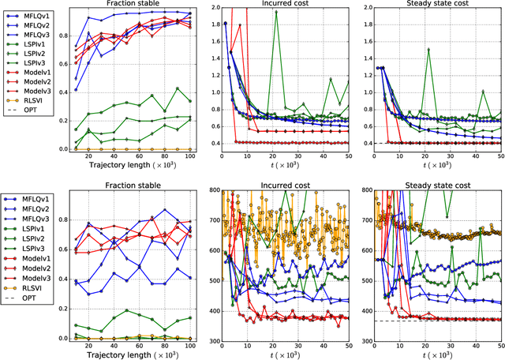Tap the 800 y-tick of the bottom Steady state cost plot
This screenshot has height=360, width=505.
(x=355, y=189)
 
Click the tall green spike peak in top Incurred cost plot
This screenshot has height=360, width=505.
(x=276, y=12)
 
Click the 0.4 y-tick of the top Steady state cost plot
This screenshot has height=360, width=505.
(x=356, y=143)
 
